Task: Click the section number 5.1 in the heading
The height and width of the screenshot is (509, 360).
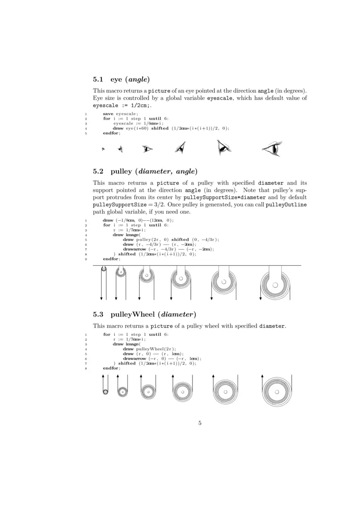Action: click(x=99, y=80)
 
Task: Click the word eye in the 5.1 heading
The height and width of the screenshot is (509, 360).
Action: click(x=117, y=80)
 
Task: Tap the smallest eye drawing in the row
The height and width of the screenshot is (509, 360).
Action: click(x=103, y=149)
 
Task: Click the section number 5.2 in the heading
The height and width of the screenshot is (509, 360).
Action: click(x=99, y=171)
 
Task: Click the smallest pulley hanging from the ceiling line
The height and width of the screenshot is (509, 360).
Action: click(x=103, y=269)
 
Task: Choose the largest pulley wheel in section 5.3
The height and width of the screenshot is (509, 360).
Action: click(x=276, y=392)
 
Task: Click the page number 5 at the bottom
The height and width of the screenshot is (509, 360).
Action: click(x=200, y=423)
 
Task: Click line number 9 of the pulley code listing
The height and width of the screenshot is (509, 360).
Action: click(x=86, y=259)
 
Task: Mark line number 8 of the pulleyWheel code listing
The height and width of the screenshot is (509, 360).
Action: click(x=86, y=368)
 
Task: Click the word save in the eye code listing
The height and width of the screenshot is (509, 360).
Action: click(x=108, y=114)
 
